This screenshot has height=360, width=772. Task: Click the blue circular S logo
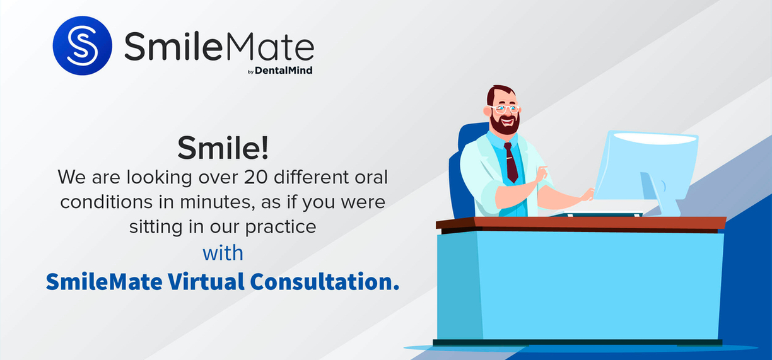click(83, 45)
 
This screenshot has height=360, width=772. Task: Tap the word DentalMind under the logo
click(284, 70)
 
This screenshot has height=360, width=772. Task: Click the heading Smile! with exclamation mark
click(223, 148)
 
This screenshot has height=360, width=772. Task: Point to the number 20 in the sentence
click(255, 177)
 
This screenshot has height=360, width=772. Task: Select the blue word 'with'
click(223, 253)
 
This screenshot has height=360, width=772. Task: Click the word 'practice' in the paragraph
click(281, 227)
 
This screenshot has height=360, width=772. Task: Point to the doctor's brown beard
click(505, 125)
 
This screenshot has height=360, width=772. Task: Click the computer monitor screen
click(646, 166)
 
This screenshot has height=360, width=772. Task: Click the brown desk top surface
click(581, 223)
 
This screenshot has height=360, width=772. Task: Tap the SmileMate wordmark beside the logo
click(219, 46)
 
